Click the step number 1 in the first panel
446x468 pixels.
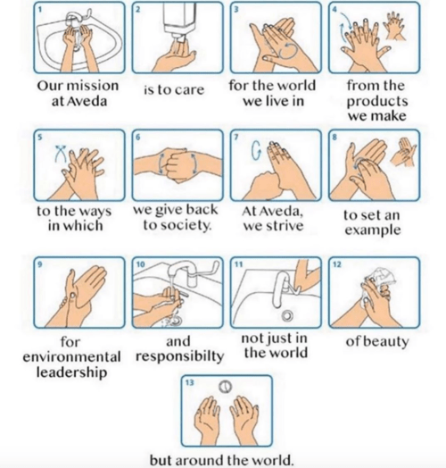click(39, 9)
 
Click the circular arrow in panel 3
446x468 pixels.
click(287, 50)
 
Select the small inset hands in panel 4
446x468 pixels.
click(396, 26)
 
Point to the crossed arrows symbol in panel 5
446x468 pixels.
click(61, 154)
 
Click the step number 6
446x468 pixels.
click(137, 137)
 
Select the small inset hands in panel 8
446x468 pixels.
click(403, 152)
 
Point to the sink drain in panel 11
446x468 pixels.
click(288, 316)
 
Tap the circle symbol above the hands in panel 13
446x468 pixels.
click(226, 387)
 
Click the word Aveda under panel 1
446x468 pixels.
click(87, 101)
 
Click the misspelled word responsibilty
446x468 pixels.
click(180, 356)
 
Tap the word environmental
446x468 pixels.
click(72, 356)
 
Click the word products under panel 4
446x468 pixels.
click(376, 102)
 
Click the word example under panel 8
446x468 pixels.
click(373, 230)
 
